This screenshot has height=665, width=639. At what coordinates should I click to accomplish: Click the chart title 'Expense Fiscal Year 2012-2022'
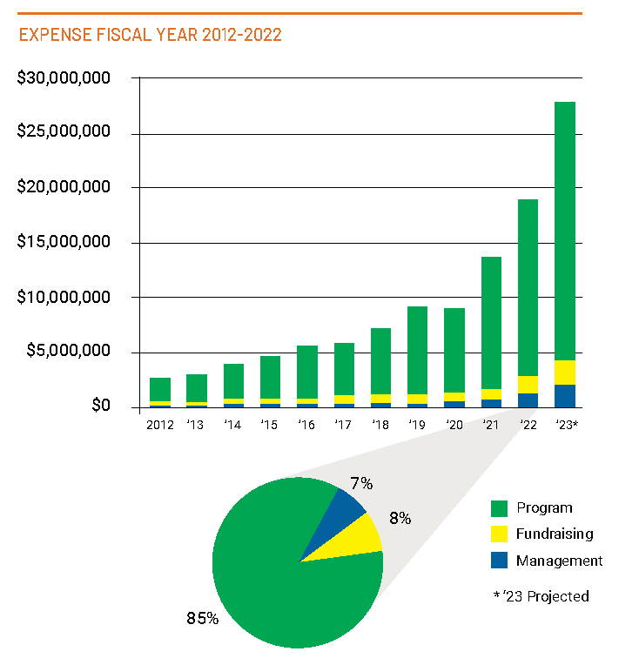(x=150, y=36)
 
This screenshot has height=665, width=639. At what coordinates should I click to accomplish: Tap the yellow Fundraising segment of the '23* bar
(x=564, y=373)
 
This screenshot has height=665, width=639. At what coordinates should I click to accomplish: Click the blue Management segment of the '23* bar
(x=564, y=396)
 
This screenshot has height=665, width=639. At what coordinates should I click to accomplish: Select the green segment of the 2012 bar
(x=160, y=389)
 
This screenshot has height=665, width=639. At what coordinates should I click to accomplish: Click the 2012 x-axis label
(x=160, y=426)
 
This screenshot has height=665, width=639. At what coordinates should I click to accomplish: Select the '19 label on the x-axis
(x=416, y=426)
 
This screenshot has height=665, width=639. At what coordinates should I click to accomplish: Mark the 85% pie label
(x=202, y=619)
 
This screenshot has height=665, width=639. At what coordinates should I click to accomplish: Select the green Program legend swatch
(x=499, y=508)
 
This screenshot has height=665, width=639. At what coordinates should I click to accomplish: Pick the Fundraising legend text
(x=555, y=534)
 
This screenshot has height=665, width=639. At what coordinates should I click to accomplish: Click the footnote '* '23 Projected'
(x=540, y=596)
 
